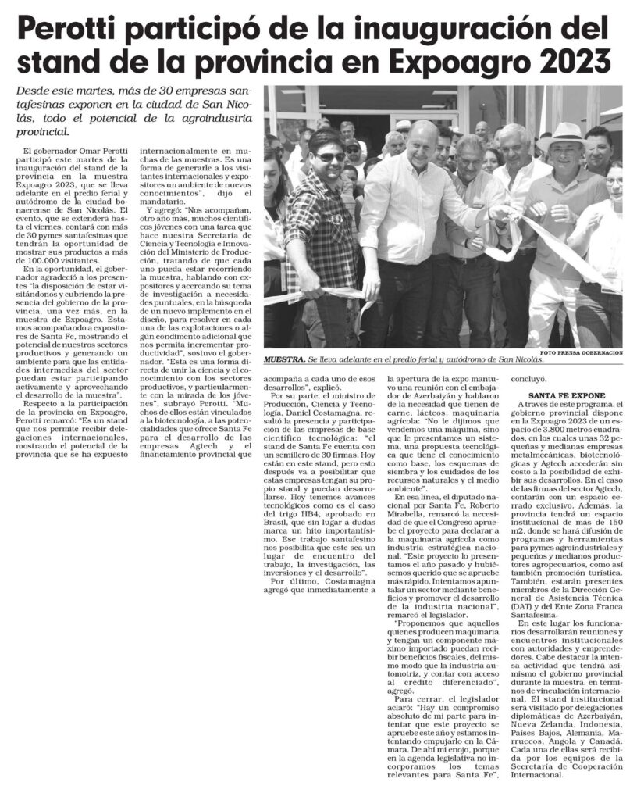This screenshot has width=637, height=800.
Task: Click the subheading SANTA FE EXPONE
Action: coord(571,395)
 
